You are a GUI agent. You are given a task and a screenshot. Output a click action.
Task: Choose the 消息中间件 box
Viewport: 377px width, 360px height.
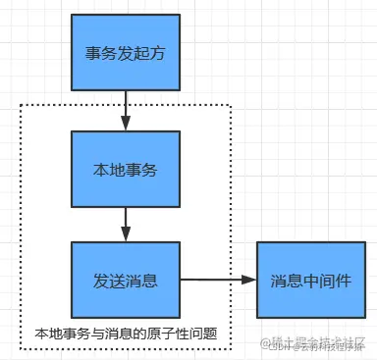311,280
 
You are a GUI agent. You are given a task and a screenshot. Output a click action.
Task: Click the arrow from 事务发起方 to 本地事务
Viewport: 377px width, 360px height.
125,108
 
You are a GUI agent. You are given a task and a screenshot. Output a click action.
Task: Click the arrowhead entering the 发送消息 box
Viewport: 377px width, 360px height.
125,236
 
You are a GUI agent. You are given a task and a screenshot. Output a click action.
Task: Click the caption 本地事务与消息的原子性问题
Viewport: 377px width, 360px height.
125,334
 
